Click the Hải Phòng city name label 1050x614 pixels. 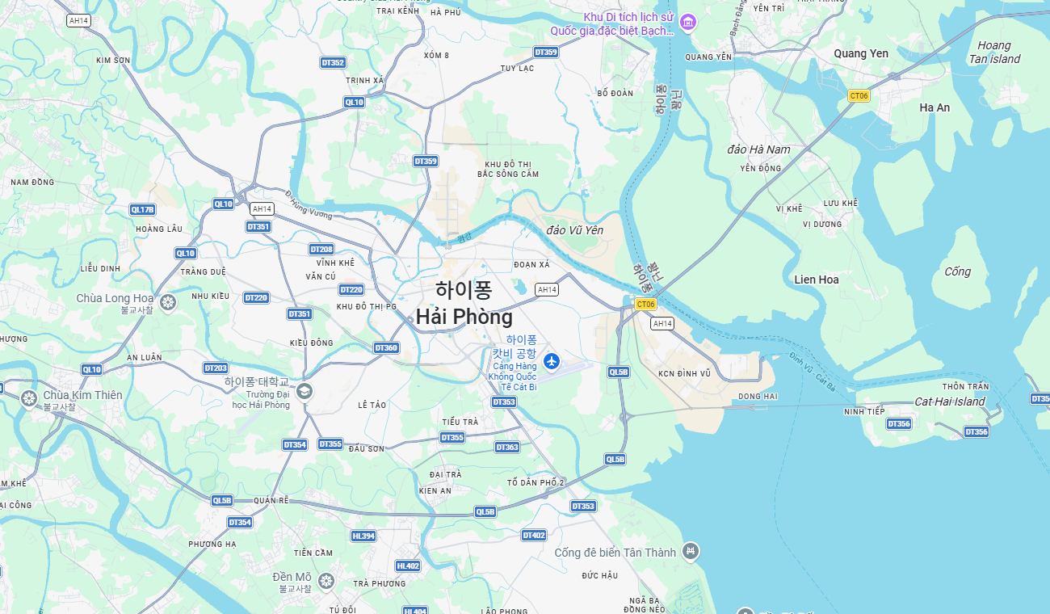coord(464,317)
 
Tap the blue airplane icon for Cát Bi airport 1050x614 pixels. coord(552,360)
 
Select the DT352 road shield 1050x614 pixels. coord(333,63)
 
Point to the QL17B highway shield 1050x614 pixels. coord(142,210)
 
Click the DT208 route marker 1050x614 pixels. coord(321,250)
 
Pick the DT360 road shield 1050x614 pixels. coord(386,348)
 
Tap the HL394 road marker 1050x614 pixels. coord(363,536)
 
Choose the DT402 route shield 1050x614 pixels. coord(534,536)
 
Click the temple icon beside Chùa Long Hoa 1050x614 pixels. coord(168,302)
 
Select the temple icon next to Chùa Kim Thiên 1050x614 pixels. coord(29,398)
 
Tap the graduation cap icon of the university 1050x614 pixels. coord(304,392)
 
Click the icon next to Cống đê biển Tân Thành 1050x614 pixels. coord(690,551)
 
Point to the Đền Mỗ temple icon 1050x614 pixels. coord(326,580)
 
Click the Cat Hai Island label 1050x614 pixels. coord(950,402)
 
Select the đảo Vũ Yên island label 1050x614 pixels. coord(575,230)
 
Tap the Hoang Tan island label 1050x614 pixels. coord(994,53)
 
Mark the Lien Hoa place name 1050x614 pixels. coord(817,280)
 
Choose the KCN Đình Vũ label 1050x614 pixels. coord(684,373)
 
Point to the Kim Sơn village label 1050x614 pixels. coord(113,61)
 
